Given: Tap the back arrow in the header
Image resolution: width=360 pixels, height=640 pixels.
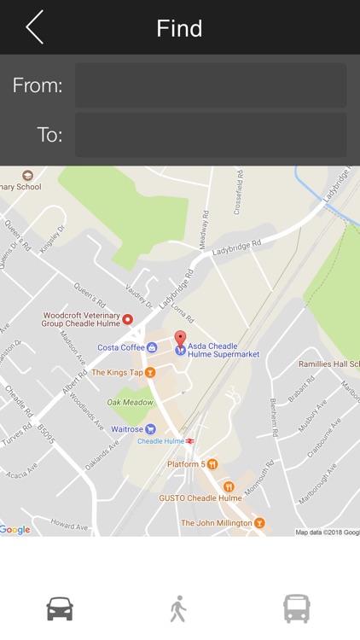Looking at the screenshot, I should tap(34, 27).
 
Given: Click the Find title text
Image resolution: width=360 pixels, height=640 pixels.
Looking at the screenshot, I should tap(179, 28).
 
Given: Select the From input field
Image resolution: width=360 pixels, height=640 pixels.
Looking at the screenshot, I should tap(211, 85).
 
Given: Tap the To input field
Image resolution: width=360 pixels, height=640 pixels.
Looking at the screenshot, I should tap(211, 135).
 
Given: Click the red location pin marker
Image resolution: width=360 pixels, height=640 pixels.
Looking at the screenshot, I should tap(180, 338).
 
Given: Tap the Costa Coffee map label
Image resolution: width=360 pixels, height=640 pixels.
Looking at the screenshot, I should tap(121, 347).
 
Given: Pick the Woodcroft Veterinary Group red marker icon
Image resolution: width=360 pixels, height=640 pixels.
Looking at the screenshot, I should tap(128, 320).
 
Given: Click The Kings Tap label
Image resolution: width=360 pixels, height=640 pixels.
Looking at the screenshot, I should tap(118, 373).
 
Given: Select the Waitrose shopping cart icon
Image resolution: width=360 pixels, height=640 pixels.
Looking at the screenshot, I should tap(151, 429).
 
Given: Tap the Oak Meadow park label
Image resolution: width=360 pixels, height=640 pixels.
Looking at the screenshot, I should tap(131, 402).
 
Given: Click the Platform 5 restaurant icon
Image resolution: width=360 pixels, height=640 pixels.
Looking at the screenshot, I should tap(212, 464).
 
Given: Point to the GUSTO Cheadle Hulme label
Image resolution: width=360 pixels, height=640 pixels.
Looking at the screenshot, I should tap(200, 497).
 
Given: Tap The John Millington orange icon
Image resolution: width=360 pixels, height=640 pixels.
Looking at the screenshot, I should tap(259, 523).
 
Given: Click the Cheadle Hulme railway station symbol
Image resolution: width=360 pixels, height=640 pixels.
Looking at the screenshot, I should tap(189, 441).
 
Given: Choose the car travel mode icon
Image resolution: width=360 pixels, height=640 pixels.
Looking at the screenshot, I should tap(60, 608).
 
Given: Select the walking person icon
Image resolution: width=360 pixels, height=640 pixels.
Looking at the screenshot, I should tap(177, 608).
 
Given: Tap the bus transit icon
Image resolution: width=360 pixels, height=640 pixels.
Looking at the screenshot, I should tap(297, 608).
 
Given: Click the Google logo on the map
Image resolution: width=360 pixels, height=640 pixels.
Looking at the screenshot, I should tap(15, 530).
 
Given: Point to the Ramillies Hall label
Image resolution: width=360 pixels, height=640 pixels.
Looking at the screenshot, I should tap(328, 364).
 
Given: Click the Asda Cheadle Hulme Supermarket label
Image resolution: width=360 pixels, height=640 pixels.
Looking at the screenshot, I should tap(224, 350).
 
